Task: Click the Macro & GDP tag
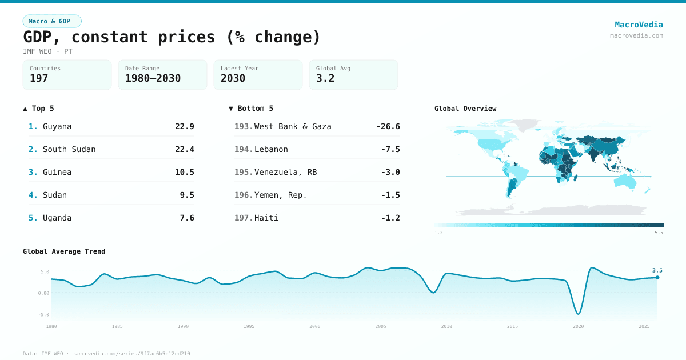[x=52, y=21]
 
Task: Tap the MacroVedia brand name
[x=639, y=25]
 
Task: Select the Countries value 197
[x=39, y=78]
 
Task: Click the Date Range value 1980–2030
[x=153, y=78]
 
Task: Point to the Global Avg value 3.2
[x=325, y=78]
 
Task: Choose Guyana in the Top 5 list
[x=57, y=126]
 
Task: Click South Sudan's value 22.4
[x=184, y=149]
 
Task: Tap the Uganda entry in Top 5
[x=57, y=218]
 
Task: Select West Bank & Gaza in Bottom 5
[x=293, y=126]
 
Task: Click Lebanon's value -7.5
[x=390, y=149]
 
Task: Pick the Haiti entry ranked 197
[x=266, y=218]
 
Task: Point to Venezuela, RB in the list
[x=285, y=172]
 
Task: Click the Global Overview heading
[x=465, y=109]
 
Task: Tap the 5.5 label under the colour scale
[x=659, y=233]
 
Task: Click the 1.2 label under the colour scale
[x=438, y=233]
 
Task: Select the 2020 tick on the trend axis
[x=579, y=326]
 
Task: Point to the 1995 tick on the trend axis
[x=249, y=326]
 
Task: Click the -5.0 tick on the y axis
[x=44, y=314]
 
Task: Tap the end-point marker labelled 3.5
[x=657, y=277]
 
